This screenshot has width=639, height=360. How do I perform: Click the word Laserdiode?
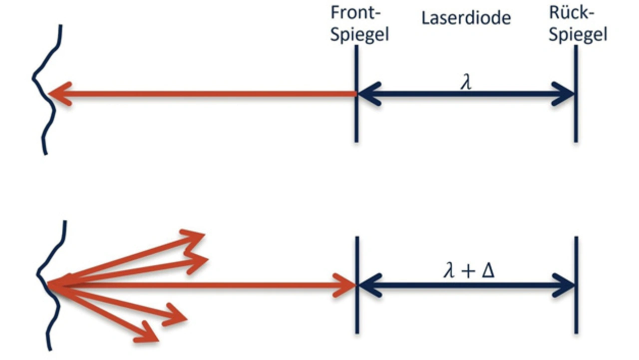click(x=466, y=18)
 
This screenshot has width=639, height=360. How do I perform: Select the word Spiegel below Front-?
click(x=359, y=35)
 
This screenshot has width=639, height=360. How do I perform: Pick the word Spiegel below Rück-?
click(x=578, y=35)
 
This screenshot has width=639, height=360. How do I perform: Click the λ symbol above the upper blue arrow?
click(x=466, y=82)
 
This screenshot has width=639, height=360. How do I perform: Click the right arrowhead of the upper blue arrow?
click(x=564, y=93)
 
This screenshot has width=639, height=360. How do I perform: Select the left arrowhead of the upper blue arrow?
click(x=368, y=93)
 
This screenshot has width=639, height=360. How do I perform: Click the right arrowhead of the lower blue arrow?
click(x=564, y=286)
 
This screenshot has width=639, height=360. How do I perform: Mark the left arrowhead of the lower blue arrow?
click(x=368, y=286)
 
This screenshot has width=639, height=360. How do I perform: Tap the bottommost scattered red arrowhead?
click(x=150, y=334)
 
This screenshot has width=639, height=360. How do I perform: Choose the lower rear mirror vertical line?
click(x=576, y=315)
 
